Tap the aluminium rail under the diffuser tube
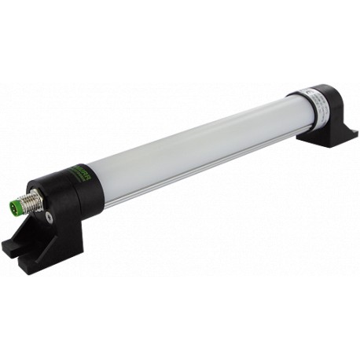[197, 178]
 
